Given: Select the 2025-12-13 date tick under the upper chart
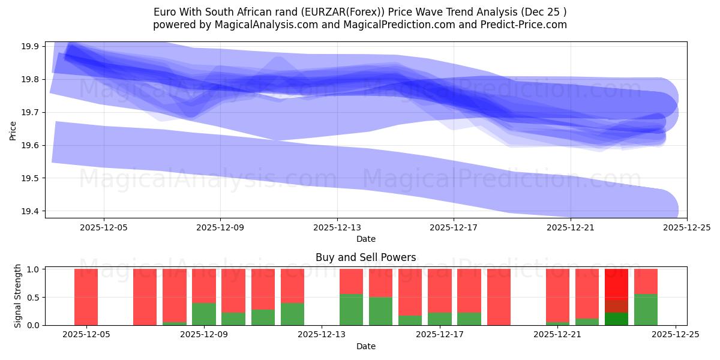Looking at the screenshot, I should [x=337, y=227].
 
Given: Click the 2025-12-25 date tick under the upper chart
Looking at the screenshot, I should [x=686, y=227].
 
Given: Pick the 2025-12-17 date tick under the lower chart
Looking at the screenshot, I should [x=440, y=335].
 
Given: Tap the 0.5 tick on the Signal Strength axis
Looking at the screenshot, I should [x=34, y=297].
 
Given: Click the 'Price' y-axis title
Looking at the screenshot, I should [x=13, y=130].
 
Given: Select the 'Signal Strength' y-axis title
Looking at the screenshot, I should [x=18, y=296].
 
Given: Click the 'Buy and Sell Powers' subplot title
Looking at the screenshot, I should [x=365, y=257].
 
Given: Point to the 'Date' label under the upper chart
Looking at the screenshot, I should [x=365, y=239].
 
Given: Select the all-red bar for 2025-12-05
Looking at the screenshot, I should [x=86, y=297].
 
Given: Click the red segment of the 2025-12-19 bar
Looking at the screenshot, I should [x=499, y=297].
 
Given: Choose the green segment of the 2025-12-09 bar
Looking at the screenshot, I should [x=204, y=314].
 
